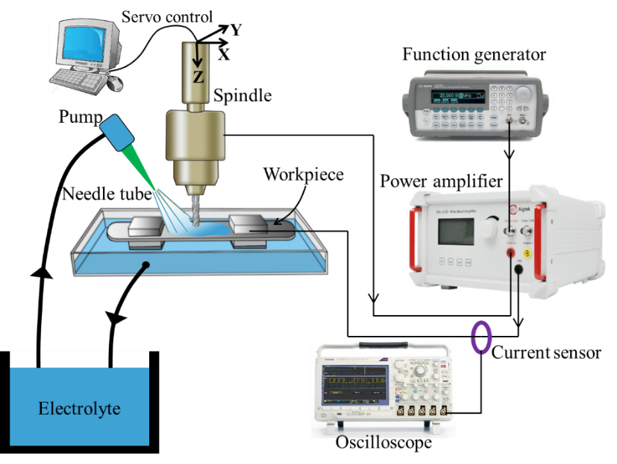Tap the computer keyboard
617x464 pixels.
(77, 77)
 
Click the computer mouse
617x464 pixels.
(114, 83)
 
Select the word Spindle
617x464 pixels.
(242, 95)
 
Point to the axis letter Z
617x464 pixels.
(198, 77)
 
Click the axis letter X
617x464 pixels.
(223, 54)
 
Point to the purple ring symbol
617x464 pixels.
(481, 337)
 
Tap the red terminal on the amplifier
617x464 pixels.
(513, 253)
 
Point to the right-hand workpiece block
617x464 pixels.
(250, 226)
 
